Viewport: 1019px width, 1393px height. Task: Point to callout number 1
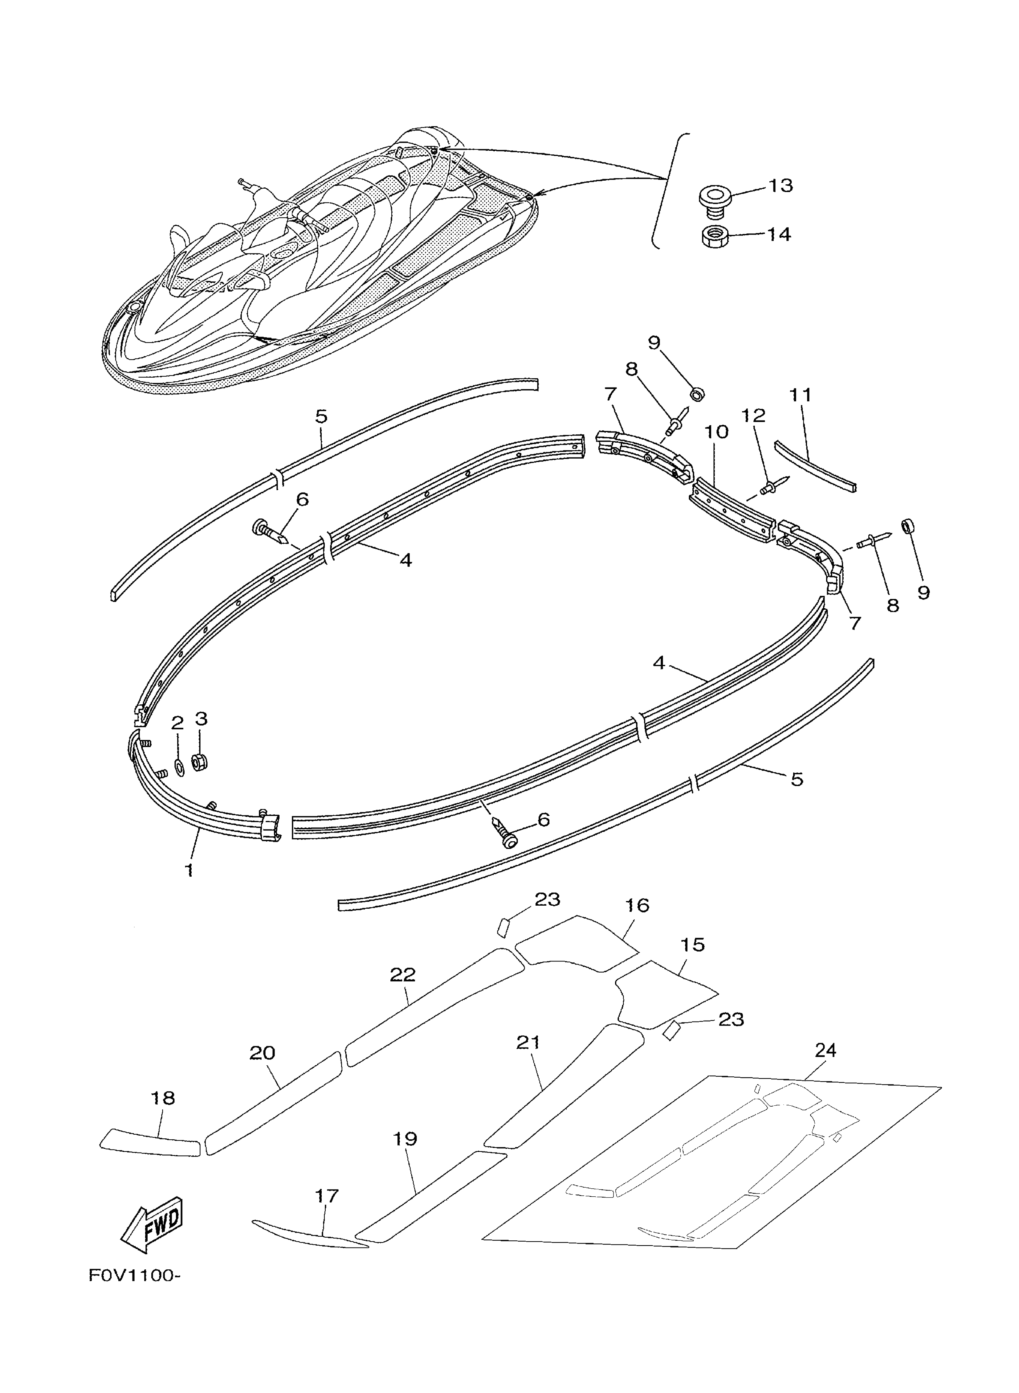coord(190,871)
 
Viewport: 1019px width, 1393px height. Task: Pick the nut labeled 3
coord(199,763)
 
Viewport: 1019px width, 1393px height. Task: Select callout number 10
coord(716,432)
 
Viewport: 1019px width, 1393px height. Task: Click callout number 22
coord(403,975)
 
